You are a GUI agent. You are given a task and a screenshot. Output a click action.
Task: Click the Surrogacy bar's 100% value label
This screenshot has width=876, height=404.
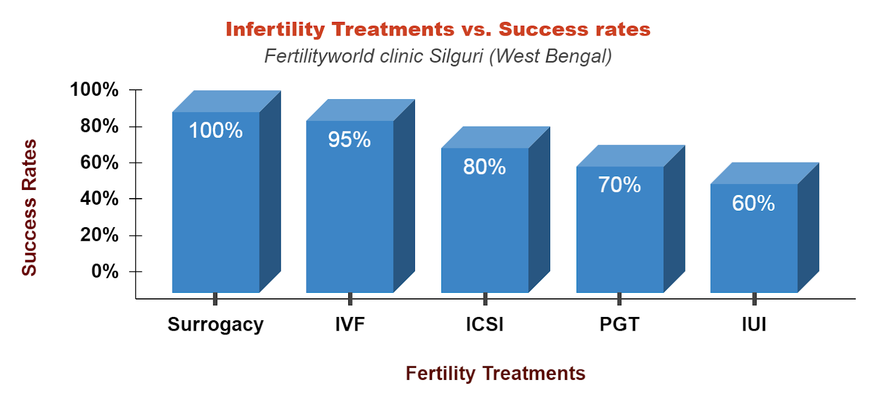[x=216, y=130]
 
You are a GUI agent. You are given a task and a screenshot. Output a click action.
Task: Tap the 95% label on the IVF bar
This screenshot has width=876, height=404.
[x=349, y=140]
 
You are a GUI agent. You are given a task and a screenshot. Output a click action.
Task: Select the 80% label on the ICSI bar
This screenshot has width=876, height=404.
[x=485, y=166]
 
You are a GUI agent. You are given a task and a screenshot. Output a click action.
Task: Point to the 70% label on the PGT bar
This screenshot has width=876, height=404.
[x=619, y=185]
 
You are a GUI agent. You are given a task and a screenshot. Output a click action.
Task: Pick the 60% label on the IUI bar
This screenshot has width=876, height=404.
[x=753, y=204]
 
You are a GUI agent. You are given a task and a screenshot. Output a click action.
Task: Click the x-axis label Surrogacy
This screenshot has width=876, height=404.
[x=215, y=325]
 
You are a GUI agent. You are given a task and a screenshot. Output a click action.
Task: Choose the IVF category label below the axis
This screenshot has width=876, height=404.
[x=350, y=325]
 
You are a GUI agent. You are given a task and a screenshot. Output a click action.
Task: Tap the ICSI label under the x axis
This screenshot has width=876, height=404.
[x=485, y=325]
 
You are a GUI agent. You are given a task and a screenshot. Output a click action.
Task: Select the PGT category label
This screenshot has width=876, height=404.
[x=619, y=325]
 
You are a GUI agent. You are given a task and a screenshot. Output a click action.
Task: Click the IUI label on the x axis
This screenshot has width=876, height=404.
[x=754, y=325]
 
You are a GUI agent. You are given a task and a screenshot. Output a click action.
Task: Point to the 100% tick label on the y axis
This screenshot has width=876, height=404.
[x=94, y=90]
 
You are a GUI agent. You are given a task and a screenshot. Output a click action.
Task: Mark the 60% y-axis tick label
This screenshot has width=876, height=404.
[x=99, y=163]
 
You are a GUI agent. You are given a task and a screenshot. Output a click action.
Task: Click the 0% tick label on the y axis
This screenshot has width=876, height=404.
[x=105, y=271]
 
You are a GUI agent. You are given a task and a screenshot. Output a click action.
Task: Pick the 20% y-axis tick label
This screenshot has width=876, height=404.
[x=99, y=235]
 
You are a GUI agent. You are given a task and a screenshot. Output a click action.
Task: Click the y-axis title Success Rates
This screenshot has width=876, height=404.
[x=29, y=207]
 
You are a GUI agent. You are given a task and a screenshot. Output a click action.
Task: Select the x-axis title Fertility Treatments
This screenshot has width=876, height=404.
[x=495, y=373]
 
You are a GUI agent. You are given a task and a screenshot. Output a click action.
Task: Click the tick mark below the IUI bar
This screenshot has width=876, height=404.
[x=754, y=299]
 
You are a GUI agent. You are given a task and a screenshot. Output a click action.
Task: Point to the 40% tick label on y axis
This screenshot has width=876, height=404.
[x=99, y=198]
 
